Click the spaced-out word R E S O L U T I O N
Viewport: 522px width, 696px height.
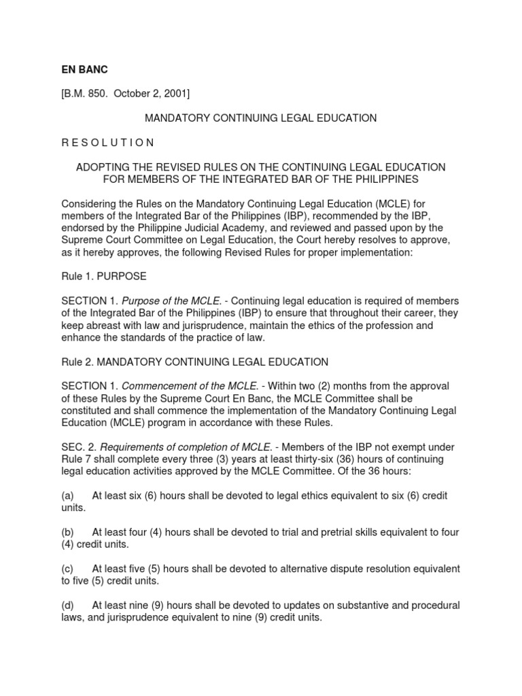pos(108,143)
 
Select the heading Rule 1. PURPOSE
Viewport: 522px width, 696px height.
pos(103,277)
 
